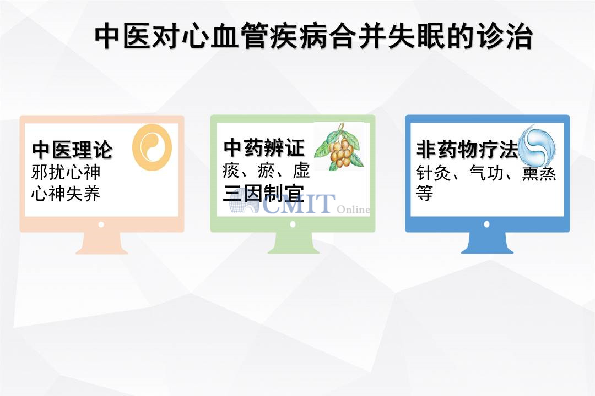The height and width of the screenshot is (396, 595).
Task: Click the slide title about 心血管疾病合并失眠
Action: (x=313, y=36)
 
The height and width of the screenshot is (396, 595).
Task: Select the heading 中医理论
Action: (x=73, y=150)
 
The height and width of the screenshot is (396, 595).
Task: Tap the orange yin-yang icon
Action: (x=152, y=147)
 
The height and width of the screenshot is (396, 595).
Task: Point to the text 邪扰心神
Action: (x=66, y=172)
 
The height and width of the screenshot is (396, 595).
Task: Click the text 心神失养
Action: (x=66, y=194)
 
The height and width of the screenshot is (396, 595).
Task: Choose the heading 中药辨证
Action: (x=264, y=148)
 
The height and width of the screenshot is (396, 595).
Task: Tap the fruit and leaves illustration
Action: (x=339, y=147)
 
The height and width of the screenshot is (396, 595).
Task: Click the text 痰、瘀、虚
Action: (x=266, y=170)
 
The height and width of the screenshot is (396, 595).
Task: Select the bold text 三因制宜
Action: (x=264, y=194)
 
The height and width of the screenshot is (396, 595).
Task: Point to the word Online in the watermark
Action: (x=353, y=209)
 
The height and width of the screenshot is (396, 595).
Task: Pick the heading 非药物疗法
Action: (x=467, y=149)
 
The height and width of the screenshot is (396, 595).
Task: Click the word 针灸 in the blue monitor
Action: (x=434, y=173)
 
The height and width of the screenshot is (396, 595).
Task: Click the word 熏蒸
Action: (x=539, y=174)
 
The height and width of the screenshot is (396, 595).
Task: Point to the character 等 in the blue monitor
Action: (x=425, y=193)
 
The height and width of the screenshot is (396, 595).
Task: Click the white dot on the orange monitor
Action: (x=101, y=225)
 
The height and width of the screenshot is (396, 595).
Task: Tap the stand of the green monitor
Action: (x=294, y=243)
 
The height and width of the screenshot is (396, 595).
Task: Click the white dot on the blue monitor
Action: (x=487, y=224)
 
